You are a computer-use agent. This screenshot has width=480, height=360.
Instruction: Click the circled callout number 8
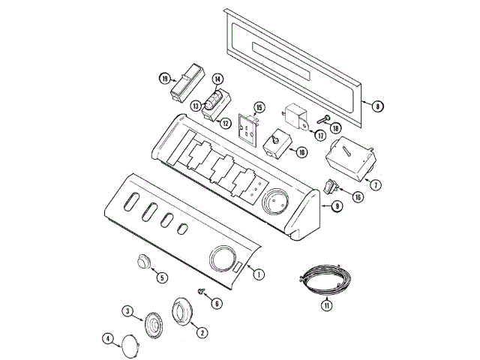[378, 106]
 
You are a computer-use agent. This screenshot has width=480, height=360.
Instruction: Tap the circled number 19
[165, 79]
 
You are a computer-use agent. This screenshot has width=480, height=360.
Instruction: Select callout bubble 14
[217, 79]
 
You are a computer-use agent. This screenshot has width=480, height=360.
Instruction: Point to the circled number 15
[259, 107]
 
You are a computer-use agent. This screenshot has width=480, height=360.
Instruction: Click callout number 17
[320, 135]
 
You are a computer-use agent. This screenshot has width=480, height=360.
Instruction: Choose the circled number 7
[376, 184]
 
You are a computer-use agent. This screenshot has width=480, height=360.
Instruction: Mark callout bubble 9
[337, 206]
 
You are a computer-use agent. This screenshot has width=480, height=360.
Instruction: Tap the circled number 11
[327, 305]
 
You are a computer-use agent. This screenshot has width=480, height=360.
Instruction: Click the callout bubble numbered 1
[259, 274]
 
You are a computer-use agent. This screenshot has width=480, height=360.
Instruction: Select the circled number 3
[127, 311]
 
